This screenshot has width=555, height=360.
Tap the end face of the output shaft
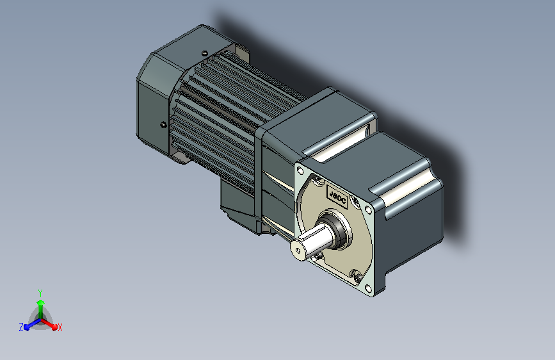tap(297, 249)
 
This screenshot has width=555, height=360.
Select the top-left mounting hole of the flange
tap(300, 171)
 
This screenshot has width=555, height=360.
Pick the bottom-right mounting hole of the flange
tap(368, 288)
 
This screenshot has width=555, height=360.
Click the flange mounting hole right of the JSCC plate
tap(369, 210)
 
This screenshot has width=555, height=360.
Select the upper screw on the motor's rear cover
tap(204, 54)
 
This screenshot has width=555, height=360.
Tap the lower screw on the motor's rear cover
tap(163, 125)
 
